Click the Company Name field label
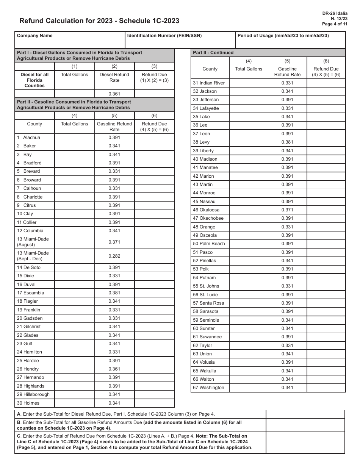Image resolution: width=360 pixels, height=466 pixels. click(34, 36)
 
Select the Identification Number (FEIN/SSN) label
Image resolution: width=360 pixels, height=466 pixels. click(164, 36)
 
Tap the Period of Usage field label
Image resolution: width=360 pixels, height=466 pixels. click(283, 36)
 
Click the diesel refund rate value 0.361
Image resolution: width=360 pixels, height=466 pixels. click(114, 94)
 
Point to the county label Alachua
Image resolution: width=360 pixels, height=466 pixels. click(31, 138)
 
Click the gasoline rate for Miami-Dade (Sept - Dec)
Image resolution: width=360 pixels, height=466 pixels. click(114, 256)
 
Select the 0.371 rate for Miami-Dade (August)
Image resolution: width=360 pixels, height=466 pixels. click(114, 242)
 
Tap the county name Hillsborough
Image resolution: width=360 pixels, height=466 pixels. click(36, 394)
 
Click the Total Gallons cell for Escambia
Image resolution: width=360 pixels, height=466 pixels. click(74, 293)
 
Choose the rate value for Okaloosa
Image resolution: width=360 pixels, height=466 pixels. click(287, 210)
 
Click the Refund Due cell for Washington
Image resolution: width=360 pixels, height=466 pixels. click(326, 388)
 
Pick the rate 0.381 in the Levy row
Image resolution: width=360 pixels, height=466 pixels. click(287, 142)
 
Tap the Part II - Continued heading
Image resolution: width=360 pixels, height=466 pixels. click(213, 53)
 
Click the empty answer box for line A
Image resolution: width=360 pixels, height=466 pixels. click(305, 414)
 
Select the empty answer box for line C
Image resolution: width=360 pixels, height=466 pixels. click(305, 443)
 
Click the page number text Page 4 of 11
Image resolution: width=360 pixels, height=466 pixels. click(334, 24)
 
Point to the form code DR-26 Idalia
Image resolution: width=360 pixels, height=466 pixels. click(335, 13)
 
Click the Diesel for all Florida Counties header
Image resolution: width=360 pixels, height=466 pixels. click(34, 80)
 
